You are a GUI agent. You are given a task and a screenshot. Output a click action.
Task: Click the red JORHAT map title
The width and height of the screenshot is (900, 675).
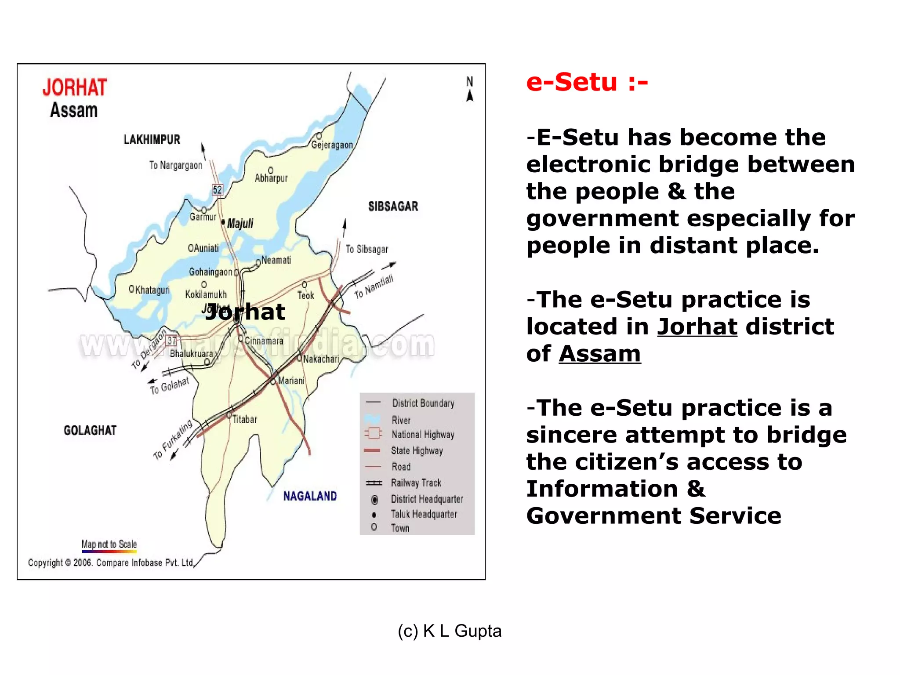pyautogui.click(x=75, y=87)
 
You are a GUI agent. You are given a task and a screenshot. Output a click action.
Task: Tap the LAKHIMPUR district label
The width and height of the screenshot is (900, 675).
pyautogui.click(x=152, y=140)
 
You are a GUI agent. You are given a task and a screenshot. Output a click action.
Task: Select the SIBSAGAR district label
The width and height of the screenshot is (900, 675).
pyautogui.click(x=393, y=206)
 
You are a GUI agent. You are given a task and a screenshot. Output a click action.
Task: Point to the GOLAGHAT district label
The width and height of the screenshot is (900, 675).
pyautogui.click(x=90, y=430)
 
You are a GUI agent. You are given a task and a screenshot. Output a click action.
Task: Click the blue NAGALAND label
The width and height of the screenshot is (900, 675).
pyautogui.click(x=310, y=496)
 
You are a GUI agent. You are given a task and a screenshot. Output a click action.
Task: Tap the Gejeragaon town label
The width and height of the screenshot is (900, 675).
pyautogui.click(x=332, y=145)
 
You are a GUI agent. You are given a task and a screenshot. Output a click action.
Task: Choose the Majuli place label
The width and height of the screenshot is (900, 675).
pyautogui.click(x=240, y=223)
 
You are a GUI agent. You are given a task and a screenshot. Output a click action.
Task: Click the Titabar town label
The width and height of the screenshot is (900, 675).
pyautogui.click(x=244, y=419)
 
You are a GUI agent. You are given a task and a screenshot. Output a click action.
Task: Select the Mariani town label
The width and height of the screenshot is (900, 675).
pyautogui.click(x=291, y=381)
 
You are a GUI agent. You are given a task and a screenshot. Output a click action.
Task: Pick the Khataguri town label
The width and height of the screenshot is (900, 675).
pyautogui.click(x=152, y=290)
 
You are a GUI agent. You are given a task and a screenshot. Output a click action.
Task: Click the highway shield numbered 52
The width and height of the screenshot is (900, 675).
pyautogui.click(x=218, y=189)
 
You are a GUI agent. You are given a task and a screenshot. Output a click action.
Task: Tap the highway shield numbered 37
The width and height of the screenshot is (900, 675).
pyautogui.click(x=171, y=341)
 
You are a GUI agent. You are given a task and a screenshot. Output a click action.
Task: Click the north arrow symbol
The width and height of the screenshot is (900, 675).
pyautogui.click(x=470, y=90)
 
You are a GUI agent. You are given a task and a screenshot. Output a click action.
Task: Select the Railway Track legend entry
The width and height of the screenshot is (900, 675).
pyautogui.click(x=416, y=483)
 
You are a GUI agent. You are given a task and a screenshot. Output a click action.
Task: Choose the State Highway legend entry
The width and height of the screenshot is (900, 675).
pyautogui.click(x=417, y=450)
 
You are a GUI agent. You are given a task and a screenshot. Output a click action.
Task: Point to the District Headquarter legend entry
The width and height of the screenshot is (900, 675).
pyautogui.click(x=427, y=499)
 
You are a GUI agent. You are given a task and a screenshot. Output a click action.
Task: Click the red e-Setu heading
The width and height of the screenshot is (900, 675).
pyautogui.click(x=587, y=82)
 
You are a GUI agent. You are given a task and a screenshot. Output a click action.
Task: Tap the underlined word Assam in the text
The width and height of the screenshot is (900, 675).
pyautogui.click(x=599, y=354)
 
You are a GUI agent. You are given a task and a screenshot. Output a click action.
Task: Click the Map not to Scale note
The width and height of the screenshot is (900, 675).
pyautogui.click(x=109, y=544)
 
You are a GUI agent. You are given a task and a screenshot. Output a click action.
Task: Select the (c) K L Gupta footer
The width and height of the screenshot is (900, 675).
pyautogui.click(x=450, y=631)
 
